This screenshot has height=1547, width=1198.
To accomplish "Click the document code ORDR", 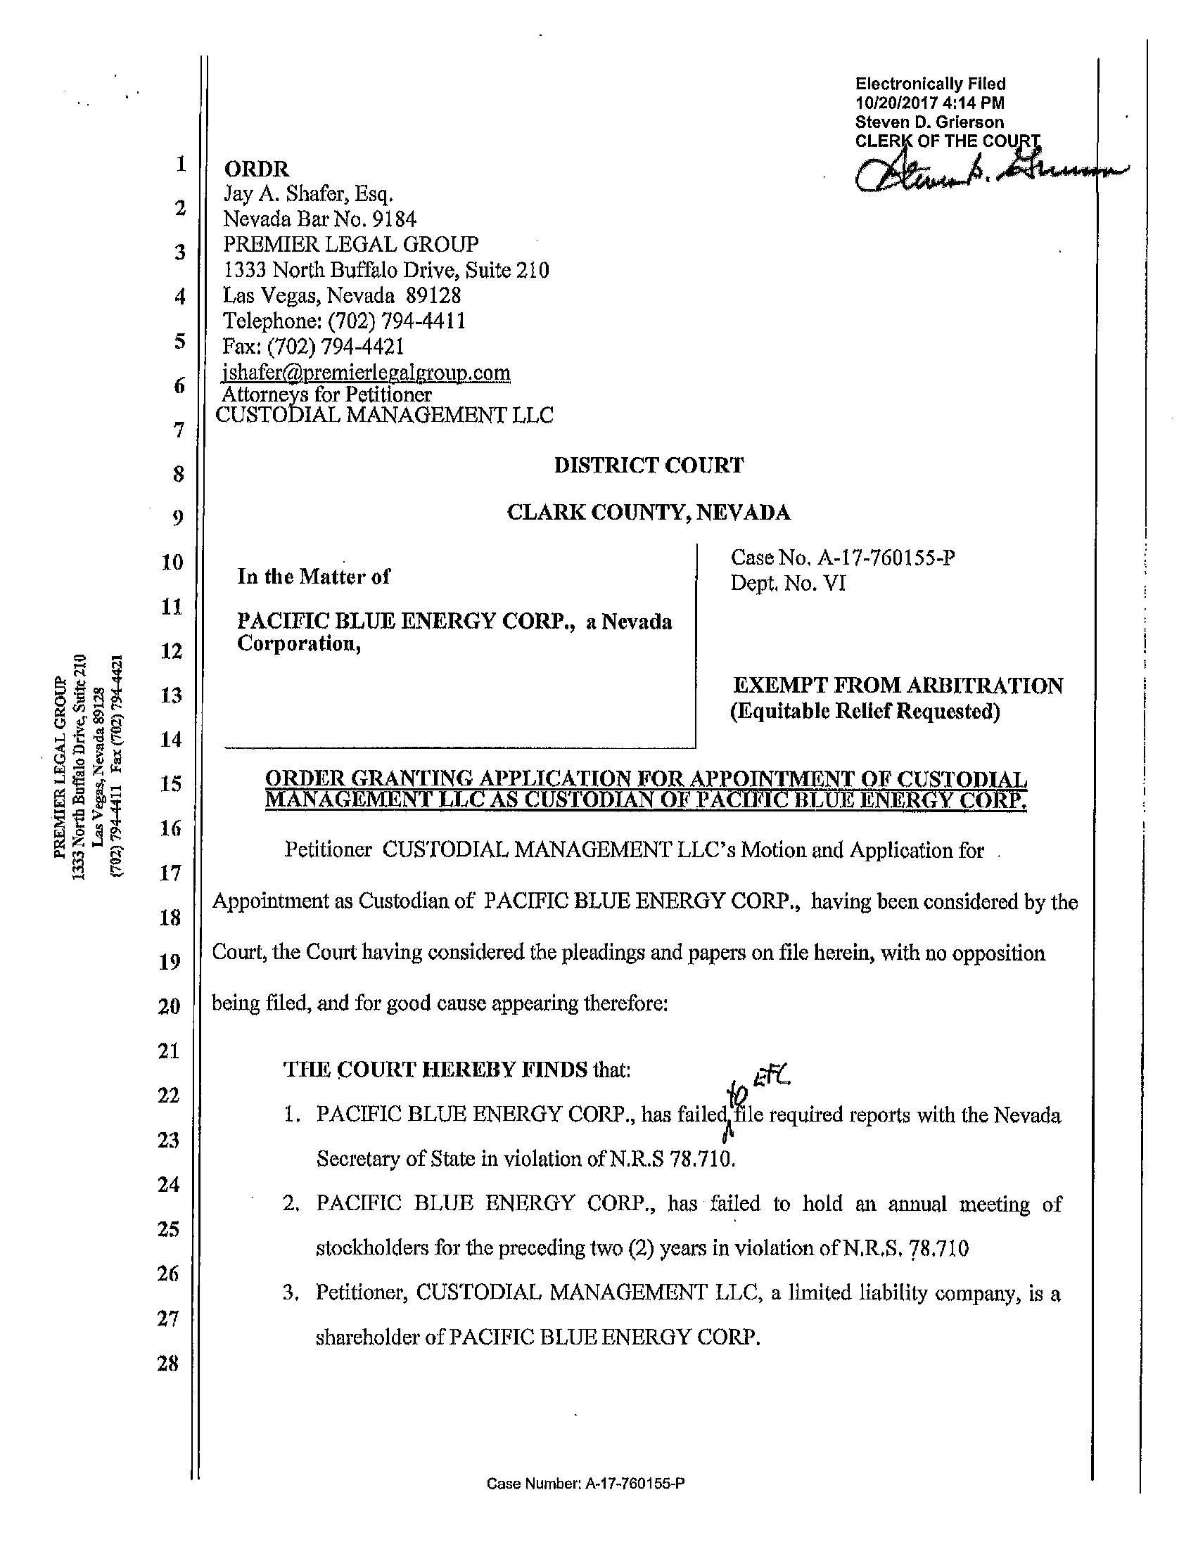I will click(257, 169).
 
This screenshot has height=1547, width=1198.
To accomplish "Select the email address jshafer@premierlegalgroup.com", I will click(367, 372).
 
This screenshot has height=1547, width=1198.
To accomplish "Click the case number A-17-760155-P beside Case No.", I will click(886, 558).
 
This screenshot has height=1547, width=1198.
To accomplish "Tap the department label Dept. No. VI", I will click(788, 584).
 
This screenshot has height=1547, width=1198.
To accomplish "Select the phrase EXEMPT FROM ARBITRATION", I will click(897, 686).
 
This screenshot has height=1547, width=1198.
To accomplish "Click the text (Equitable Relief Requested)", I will click(865, 711).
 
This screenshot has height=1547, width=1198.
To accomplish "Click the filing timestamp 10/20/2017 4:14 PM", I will click(929, 103).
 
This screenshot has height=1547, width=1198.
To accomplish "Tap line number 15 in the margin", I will click(171, 784).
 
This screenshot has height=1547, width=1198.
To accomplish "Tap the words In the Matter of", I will click(313, 577).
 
